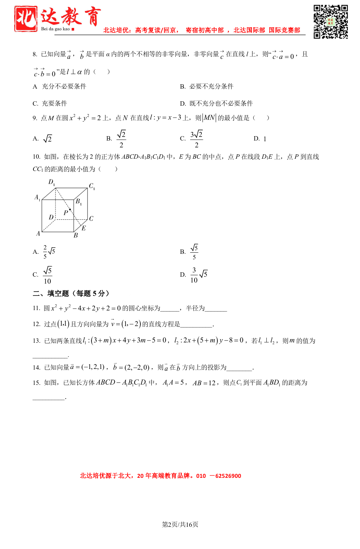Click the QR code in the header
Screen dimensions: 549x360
tap(331, 22)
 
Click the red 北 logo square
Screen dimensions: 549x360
tap(26, 19)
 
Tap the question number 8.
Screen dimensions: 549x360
tap(35, 54)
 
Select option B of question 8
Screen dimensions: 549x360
tap(206, 86)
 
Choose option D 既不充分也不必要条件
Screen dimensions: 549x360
tap(216, 103)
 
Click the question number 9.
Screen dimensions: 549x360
tap(35, 118)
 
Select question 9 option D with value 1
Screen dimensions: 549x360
tap(260, 139)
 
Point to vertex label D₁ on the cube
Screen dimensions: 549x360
tap(52, 182)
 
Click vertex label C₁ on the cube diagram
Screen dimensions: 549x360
tap(92, 186)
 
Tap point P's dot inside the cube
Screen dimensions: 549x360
tap(70, 210)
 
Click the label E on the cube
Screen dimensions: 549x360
tap(84, 228)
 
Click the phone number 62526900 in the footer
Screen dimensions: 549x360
tap(228, 476)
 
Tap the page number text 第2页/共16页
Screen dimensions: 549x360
tap(180, 524)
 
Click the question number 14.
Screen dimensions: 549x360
tap(36, 368)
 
